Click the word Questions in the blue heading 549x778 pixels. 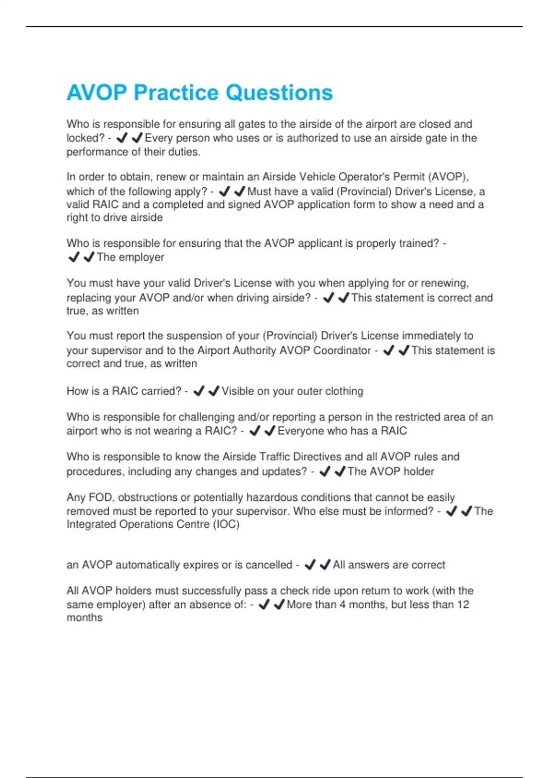[279, 93]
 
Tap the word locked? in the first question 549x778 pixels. [86, 138]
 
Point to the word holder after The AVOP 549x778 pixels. [419, 472]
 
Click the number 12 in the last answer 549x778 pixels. [463, 605]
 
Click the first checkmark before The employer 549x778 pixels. [74, 258]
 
